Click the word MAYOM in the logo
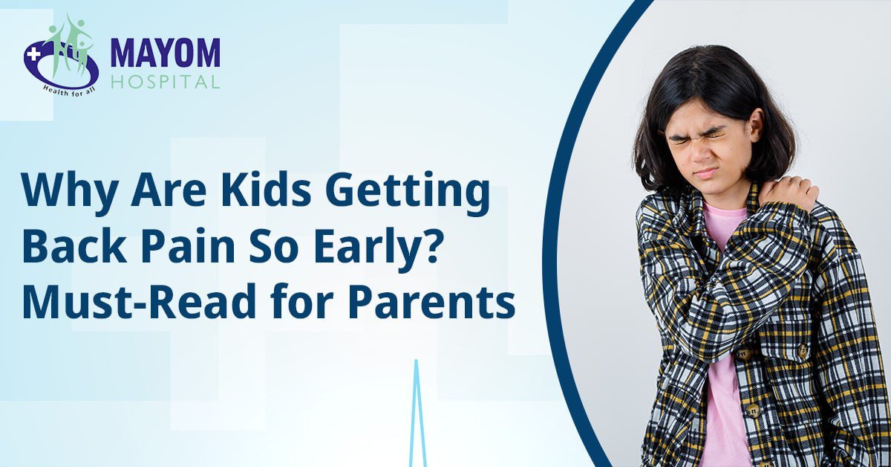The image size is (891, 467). pos(165,53)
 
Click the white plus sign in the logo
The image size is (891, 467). pos(33,55)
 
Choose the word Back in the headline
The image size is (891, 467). pos(75,246)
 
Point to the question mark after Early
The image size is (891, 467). pos(425,247)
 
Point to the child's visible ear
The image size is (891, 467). pos(755,126)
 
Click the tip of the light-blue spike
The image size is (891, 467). pos(416,361)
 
